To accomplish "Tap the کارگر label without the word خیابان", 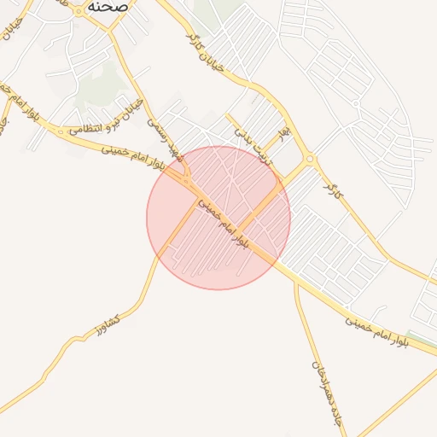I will [331, 178].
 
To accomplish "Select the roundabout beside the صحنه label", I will [78, 10].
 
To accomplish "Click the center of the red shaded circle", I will [218, 218].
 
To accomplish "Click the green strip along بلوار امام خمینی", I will [422, 338].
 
